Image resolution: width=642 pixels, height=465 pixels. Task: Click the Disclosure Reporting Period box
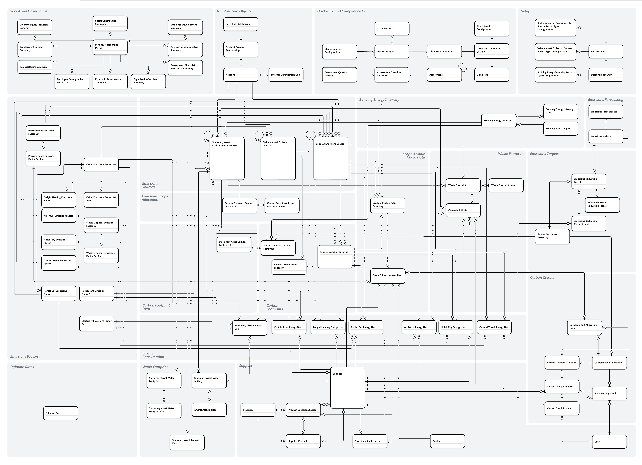110,47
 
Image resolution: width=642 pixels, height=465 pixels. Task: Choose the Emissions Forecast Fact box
606,112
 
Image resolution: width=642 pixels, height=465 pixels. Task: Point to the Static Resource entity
392,29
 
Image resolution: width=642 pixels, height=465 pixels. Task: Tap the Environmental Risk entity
209,410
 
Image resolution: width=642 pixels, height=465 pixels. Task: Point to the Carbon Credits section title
542,277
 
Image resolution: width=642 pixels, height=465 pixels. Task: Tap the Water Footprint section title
155,367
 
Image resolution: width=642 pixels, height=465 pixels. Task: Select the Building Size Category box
560,129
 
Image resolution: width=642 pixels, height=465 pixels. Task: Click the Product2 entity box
258,410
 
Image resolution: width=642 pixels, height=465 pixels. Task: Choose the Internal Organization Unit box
286,75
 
